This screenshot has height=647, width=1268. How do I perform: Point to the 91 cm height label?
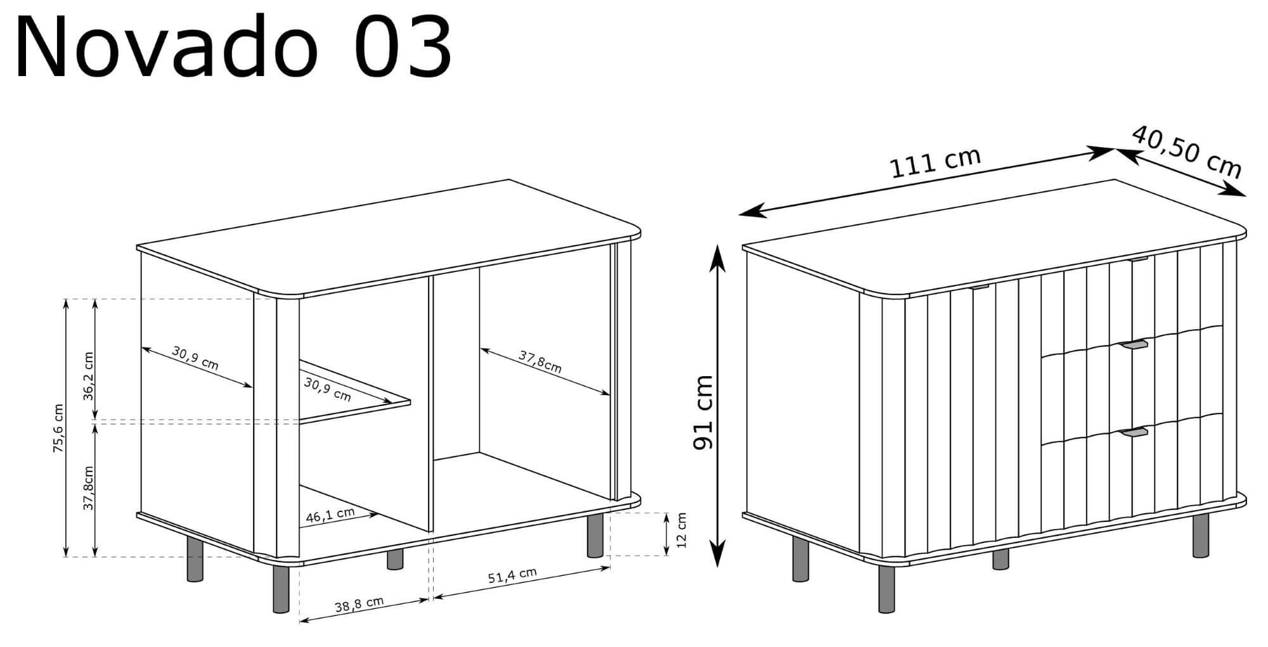click(704, 412)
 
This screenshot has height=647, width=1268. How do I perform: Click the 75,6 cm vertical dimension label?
click(58, 428)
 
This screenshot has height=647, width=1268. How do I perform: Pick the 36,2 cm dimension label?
click(88, 376)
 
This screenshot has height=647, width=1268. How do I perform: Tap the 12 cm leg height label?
click(682, 530)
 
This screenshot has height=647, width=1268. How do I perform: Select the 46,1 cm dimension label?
click(330, 514)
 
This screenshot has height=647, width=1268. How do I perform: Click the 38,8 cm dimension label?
click(359, 605)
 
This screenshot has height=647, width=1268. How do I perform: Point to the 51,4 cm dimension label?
click(512, 575)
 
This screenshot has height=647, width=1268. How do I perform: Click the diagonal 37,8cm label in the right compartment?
click(540, 362)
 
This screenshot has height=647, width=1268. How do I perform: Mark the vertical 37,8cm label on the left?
click(88, 488)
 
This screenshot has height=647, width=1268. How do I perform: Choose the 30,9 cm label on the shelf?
click(327, 389)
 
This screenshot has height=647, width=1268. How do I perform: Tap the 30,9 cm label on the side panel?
click(195, 358)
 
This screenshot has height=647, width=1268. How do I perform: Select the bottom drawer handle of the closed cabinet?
click(1134, 433)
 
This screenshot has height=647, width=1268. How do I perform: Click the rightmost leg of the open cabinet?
click(595, 536)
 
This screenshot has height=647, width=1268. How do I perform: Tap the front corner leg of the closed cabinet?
click(886, 589)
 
